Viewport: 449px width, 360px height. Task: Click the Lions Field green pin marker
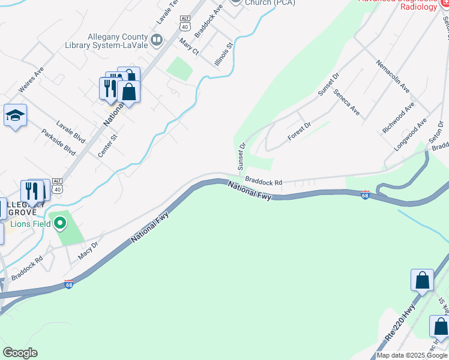click(59, 224)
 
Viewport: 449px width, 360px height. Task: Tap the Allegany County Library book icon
click(157, 40)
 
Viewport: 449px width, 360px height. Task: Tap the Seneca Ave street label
click(346, 103)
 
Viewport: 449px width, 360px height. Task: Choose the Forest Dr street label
click(299, 131)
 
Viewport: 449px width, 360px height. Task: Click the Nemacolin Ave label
click(393, 76)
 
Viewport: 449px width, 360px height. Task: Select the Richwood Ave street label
click(398, 118)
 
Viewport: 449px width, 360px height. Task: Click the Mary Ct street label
click(189, 48)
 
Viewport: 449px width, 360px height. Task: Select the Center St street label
click(107, 146)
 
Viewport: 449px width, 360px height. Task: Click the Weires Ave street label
click(31, 79)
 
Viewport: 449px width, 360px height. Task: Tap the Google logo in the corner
click(20, 353)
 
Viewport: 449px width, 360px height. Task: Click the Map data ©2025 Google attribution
click(412, 355)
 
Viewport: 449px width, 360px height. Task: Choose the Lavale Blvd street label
click(71, 132)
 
